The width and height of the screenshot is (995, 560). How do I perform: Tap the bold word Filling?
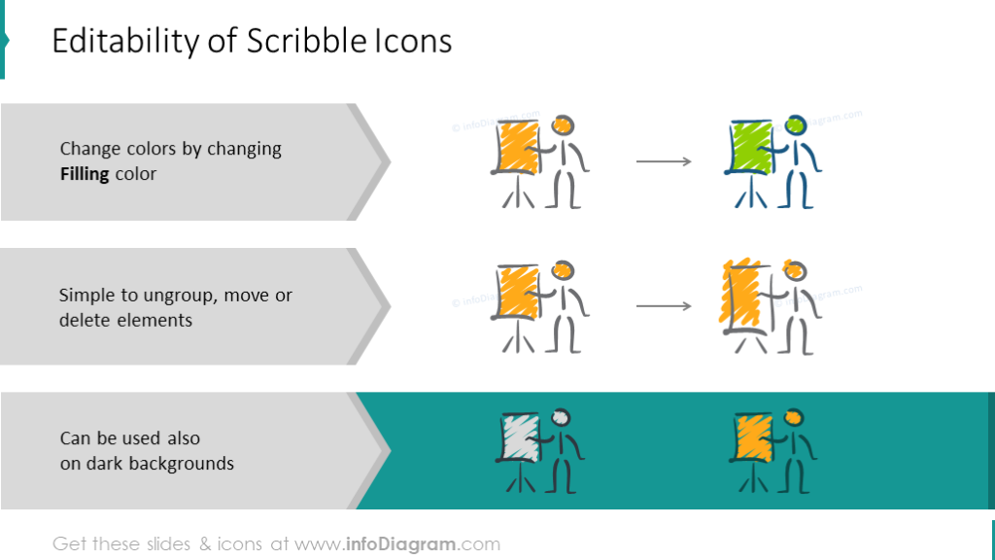85,174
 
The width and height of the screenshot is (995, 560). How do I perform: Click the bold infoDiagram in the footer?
403,544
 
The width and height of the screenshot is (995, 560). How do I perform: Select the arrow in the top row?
664,161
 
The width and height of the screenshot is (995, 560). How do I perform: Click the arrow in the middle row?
664,307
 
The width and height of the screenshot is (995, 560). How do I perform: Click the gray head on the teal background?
562,417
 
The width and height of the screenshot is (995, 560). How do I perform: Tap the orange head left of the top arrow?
563,125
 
